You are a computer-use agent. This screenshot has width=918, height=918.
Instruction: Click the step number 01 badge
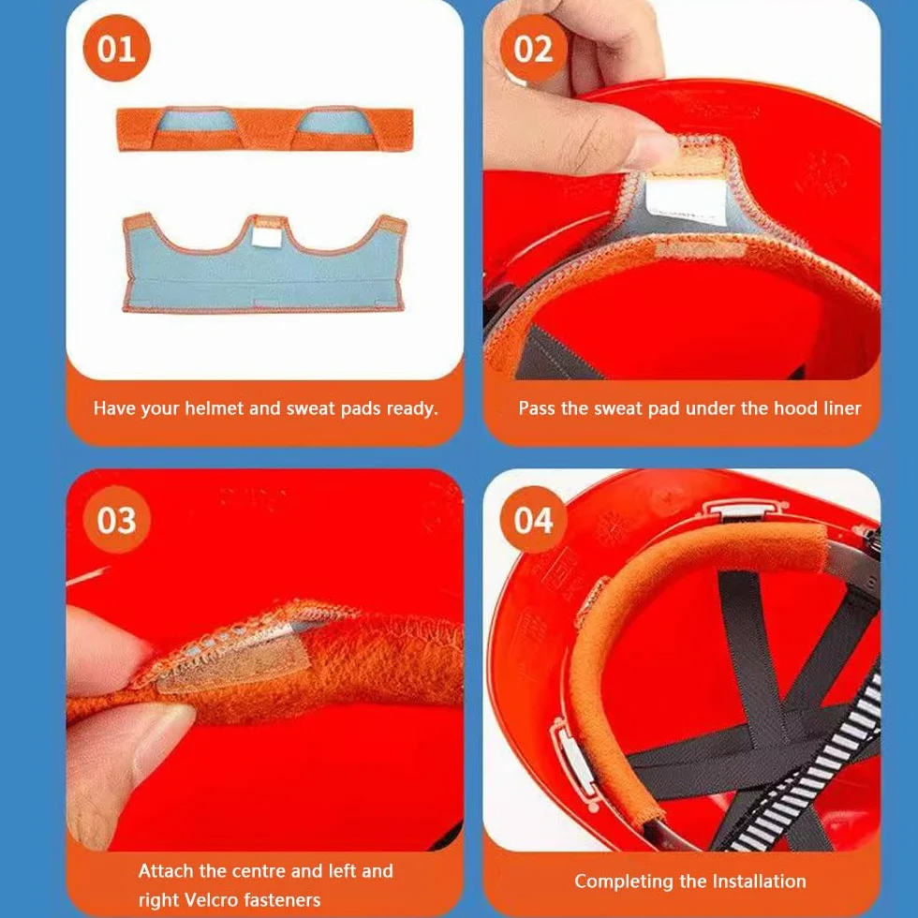tap(116, 48)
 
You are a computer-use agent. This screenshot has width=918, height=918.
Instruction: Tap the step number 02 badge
tap(533, 48)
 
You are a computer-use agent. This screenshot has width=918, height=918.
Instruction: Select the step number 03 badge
tap(116, 519)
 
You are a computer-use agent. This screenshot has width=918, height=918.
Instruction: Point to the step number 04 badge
tap(533, 519)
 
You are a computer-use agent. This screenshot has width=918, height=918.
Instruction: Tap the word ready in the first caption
tap(412, 408)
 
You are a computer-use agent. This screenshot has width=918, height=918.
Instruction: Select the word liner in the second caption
tap(841, 408)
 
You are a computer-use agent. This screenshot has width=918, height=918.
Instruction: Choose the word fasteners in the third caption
tap(282, 899)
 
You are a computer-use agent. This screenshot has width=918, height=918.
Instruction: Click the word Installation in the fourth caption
tap(759, 881)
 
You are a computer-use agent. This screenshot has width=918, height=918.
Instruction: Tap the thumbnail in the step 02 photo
tap(651, 148)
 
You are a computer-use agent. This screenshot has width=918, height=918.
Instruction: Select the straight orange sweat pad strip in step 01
tap(264, 129)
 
